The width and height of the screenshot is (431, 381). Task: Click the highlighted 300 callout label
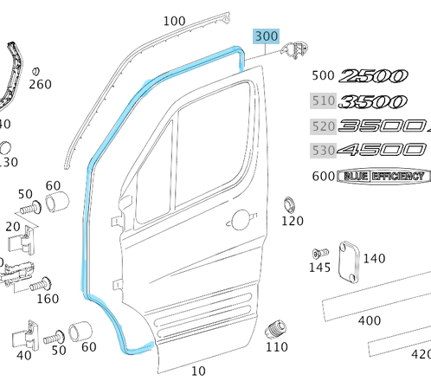tap(266, 36)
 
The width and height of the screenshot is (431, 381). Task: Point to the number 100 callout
tap(174, 21)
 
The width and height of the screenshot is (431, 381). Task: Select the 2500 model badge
tap(378, 76)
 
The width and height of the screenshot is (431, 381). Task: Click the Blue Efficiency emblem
tap(382, 177)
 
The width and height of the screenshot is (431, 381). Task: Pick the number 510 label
tap(323, 101)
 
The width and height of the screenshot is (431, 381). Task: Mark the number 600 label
tap(323, 177)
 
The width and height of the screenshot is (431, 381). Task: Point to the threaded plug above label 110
tap(278, 327)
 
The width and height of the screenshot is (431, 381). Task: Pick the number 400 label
tap(370, 320)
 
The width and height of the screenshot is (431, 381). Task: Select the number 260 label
tap(40, 85)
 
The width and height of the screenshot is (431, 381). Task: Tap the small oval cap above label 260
tap(36, 69)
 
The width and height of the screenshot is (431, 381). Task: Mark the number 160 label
tap(47, 300)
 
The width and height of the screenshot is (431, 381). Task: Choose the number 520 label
tap(323, 126)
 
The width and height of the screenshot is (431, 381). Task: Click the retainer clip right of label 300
tap(299, 49)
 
